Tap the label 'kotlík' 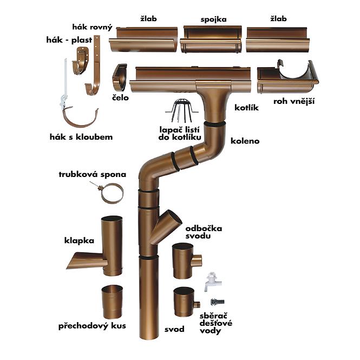click(x=246, y=108)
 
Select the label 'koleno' click(x=245, y=141)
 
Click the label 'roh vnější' click(x=295, y=101)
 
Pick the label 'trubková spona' click(x=93, y=174)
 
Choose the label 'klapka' click(x=80, y=240)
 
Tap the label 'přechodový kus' click(x=89, y=326)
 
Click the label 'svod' click(x=174, y=329)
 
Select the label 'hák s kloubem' click(x=81, y=137)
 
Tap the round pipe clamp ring click(x=112, y=193)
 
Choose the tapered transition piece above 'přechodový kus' click(x=112, y=302)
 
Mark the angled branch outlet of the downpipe click(x=168, y=225)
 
